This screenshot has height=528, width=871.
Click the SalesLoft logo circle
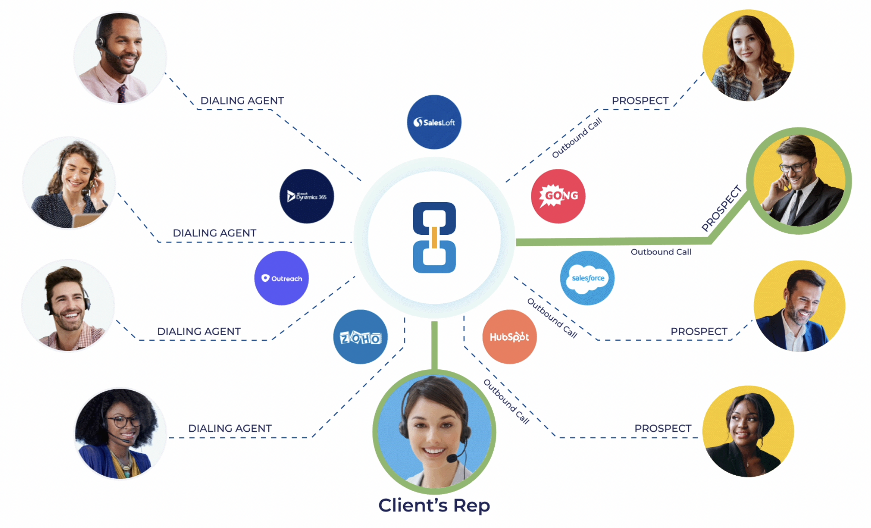pyautogui.click(x=434, y=122)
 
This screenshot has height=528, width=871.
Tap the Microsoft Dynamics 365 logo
pyautogui.click(x=307, y=196)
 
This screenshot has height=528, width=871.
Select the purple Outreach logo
pyautogui.click(x=281, y=278)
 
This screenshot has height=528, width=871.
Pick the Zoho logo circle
pyautogui.click(x=360, y=337)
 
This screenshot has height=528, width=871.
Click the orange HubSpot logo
pyautogui.click(x=509, y=337)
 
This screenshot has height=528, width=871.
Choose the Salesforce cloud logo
pyautogui.click(x=588, y=278)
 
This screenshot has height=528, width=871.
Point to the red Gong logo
pyautogui.click(x=558, y=196)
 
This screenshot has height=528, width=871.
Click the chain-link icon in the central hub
pyautogui.click(x=434, y=237)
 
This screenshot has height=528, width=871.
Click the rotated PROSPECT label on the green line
pyautogui.click(x=722, y=208)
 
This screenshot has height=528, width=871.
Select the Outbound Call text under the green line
pyautogui.click(x=661, y=252)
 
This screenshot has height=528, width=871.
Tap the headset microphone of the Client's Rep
pyautogui.click(x=452, y=459)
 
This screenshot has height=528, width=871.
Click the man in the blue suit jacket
pyautogui.click(x=799, y=306)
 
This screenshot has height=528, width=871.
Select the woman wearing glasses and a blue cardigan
pyautogui.click(x=120, y=433)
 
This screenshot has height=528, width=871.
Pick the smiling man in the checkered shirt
pyautogui.click(x=68, y=306)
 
